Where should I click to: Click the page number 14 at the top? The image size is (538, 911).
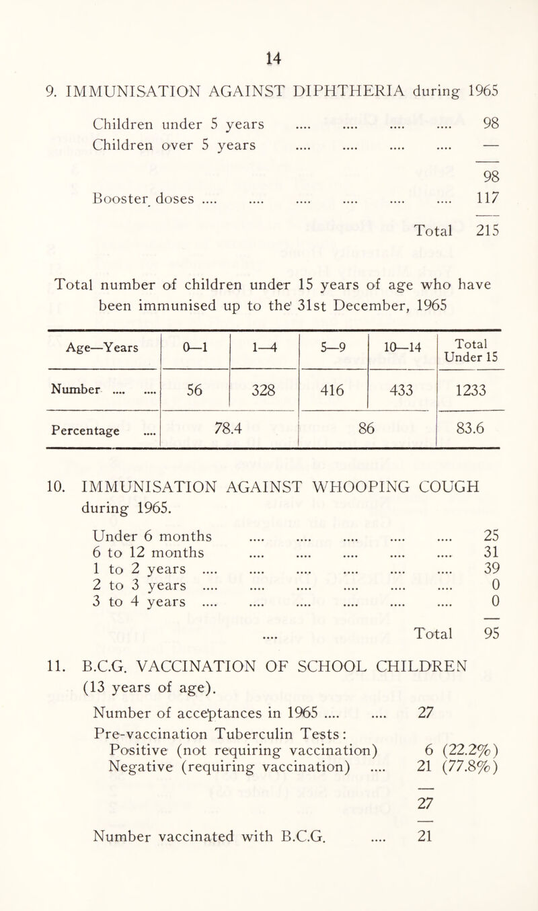(268, 30)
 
